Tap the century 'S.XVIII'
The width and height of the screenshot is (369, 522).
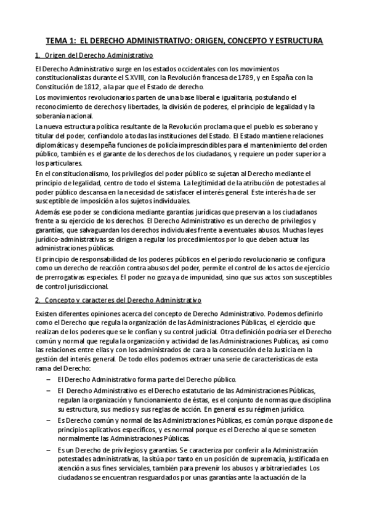[156, 77]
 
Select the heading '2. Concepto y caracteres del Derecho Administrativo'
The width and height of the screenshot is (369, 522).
[118, 300]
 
